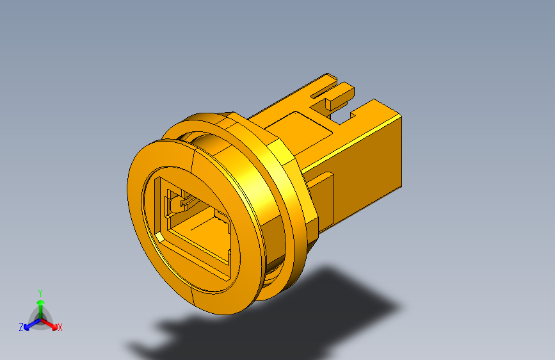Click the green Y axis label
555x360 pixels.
point(40,291)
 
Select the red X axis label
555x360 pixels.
point(60,328)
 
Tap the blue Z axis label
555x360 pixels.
point(21,327)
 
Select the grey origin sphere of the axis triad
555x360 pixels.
point(40,318)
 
